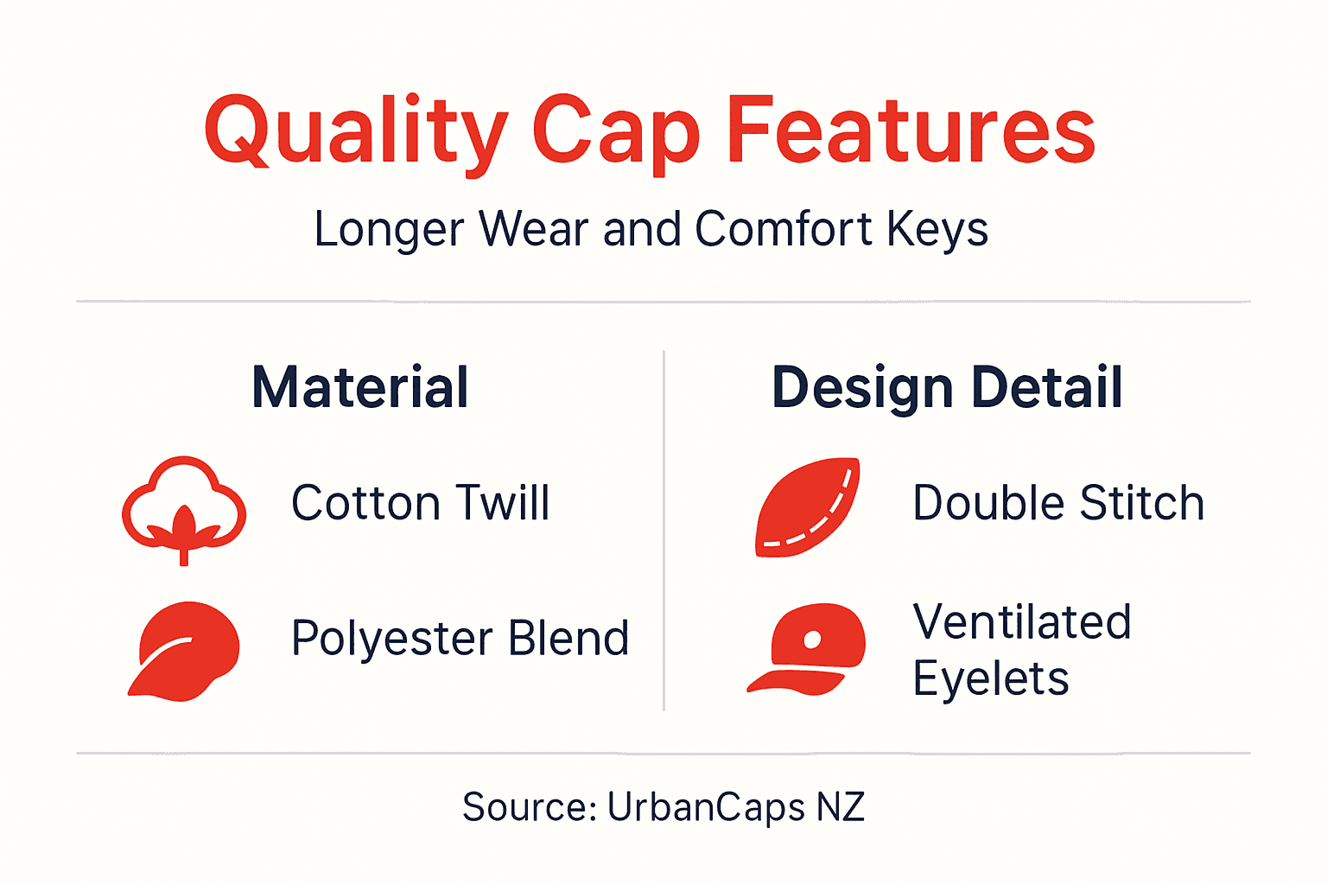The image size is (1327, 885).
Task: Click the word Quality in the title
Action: (x=354, y=131)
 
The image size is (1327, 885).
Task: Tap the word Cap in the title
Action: (x=615, y=131)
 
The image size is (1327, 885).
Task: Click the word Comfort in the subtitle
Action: (x=783, y=230)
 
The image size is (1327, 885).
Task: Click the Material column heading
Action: (x=360, y=387)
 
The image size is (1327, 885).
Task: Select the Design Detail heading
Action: (x=947, y=387)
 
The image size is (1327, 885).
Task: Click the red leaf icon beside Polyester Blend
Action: (x=185, y=650)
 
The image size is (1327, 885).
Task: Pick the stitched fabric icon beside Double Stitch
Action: (x=807, y=506)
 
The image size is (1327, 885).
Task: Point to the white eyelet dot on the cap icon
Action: (x=812, y=640)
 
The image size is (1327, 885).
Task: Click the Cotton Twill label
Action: (x=420, y=503)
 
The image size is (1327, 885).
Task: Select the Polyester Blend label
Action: (x=460, y=639)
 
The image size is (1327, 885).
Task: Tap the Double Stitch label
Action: (x=1058, y=503)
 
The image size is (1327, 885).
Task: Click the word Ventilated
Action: (x=1022, y=622)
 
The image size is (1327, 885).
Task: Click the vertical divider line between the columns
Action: (x=663, y=531)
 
